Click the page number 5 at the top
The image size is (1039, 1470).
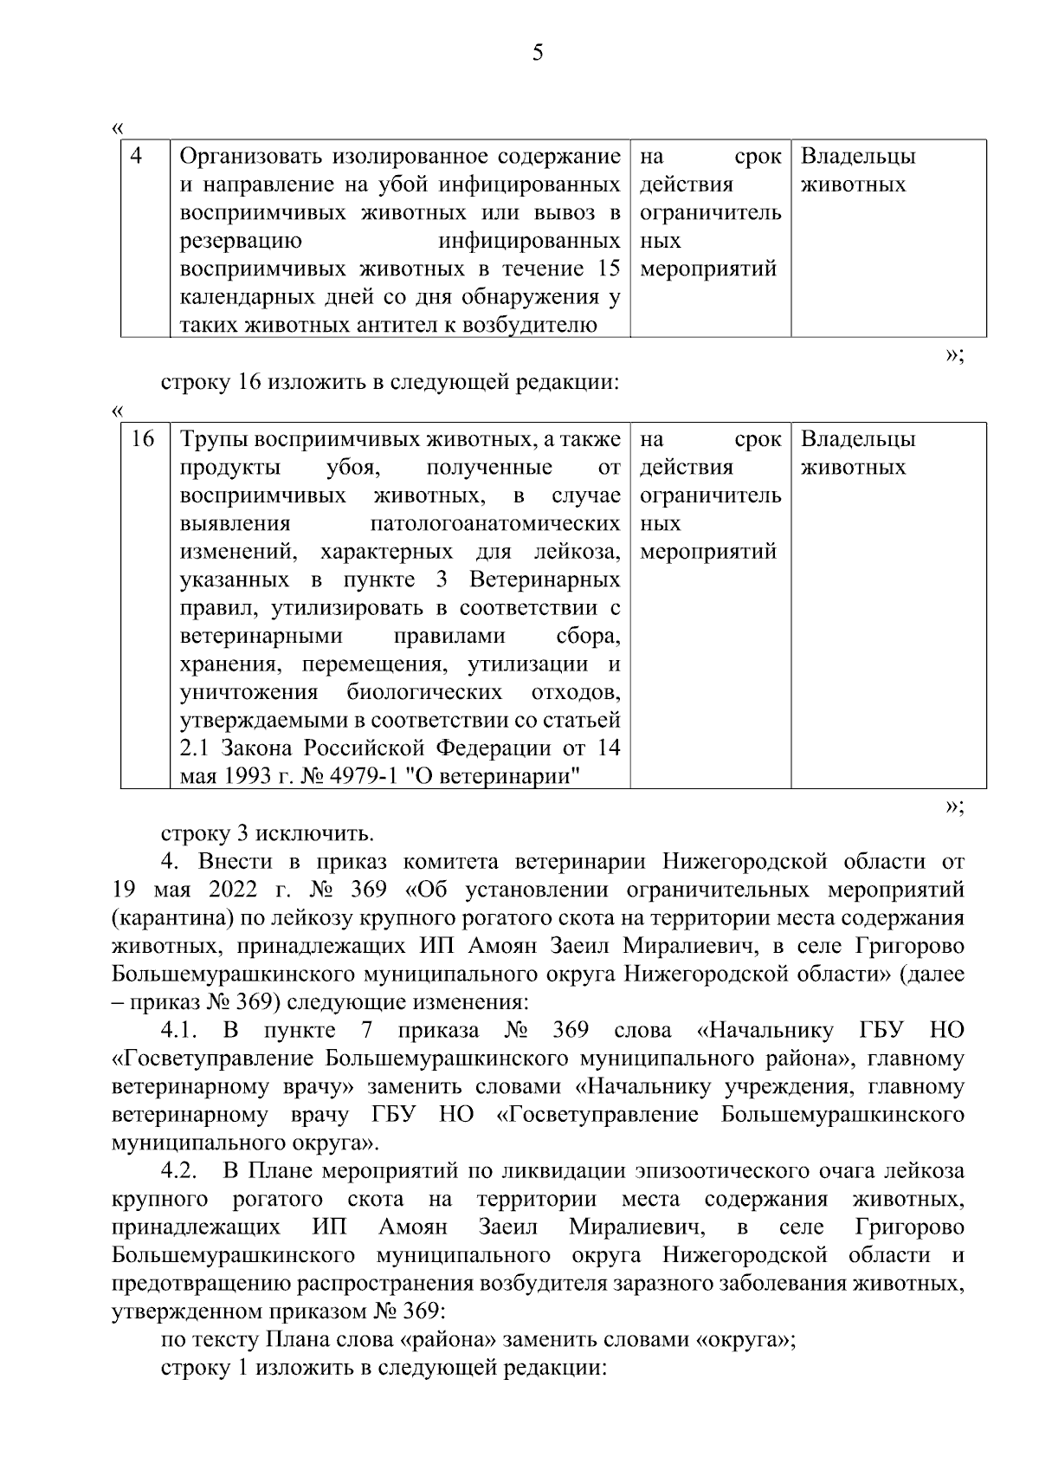pos(538,54)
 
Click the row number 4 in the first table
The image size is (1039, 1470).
pos(136,156)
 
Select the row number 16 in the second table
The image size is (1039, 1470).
pos(141,439)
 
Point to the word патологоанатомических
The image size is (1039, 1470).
pos(494,524)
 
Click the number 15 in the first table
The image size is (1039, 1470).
pos(609,269)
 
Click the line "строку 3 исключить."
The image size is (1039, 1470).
pos(268,834)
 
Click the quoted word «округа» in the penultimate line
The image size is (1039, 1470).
pos(742,1340)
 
